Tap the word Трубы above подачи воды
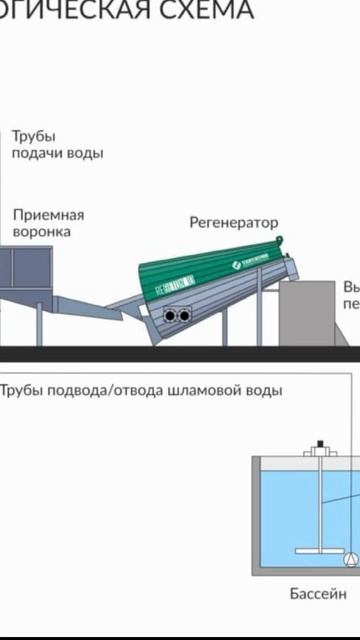(34, 136)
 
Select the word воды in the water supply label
(85, 153)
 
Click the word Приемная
(48, 215)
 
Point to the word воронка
(42, 232)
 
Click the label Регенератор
(234, 222)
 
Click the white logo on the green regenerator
(240, 263)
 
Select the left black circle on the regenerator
(171, 316)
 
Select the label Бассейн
(318, 594)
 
